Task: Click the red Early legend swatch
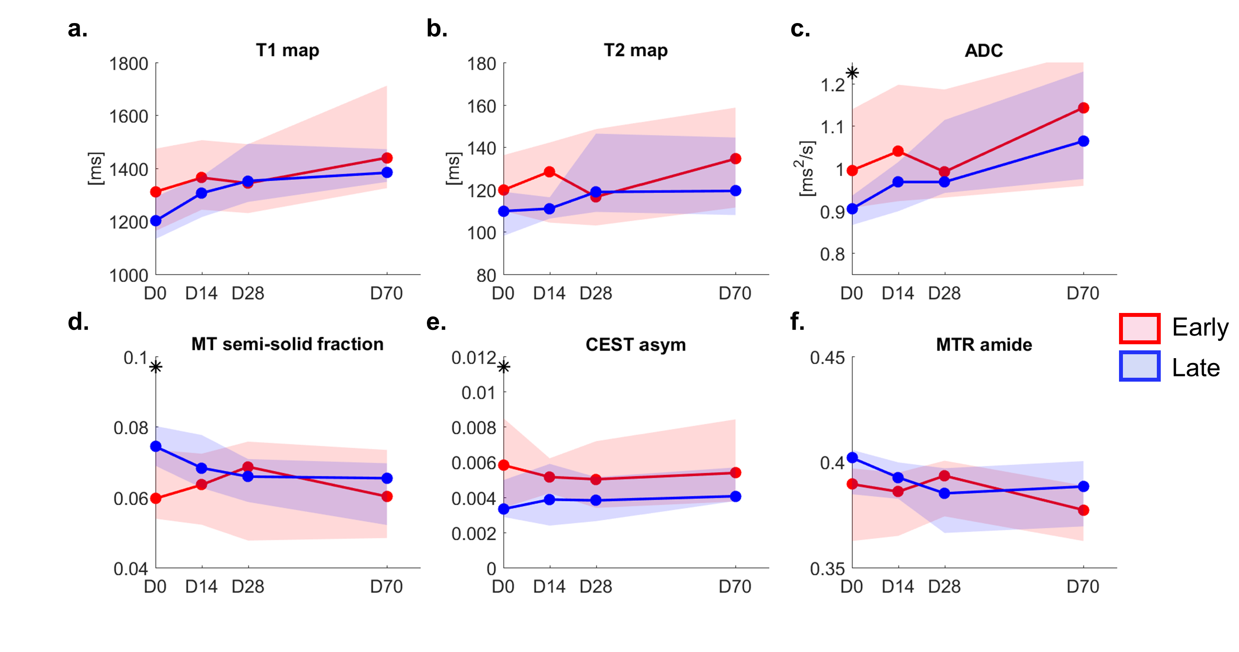pyautogui.click(x=1139, y=329)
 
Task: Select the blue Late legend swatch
pyautogui.click(x=1139, y=366)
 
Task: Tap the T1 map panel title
pyautogui.click(x=287, y=50)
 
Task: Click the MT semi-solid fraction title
pyautogui.click(x=287, y=344)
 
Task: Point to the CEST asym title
pyautogui.click(x=636, y=345)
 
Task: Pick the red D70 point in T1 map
pyautogui.click(x=387, y=158)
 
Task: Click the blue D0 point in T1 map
pyautogui.click(x=156, y=221)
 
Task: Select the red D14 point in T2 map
pyautogui.click(x=549, y=172)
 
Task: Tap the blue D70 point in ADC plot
pyautogui.click(x=1083, y=141)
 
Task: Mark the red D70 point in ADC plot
pyautogui.click(x=1083, y=108)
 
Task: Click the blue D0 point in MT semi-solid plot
pyautogui.click(x=156, y=447)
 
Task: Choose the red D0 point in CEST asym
pyautogui.click(x=503, y=466)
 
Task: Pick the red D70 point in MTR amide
pyautogui.click(x=1083, y=510)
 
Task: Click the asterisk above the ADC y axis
pyautogui.click(x=852, y=73)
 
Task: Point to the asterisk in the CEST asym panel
pyautogui.click(x=503, y=367)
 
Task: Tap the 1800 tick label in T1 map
pyautogui.click(x=128, y=64)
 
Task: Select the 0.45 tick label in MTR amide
pyautogui.click(x=827, y=358)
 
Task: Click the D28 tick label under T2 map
pyautogui.click(x=596, y=293)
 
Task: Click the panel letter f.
pyautogui.click(x=797, y=322)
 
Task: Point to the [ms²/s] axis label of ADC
pyautogui.click(x=806, y=168)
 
